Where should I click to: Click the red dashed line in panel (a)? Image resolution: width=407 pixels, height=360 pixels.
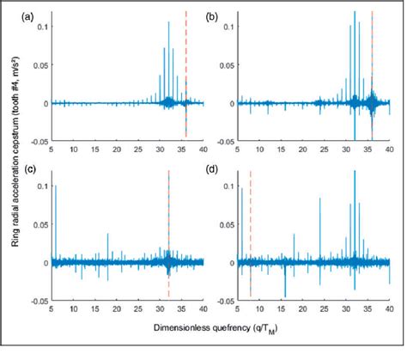186,69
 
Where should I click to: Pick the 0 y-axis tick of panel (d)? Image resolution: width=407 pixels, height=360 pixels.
231,262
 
